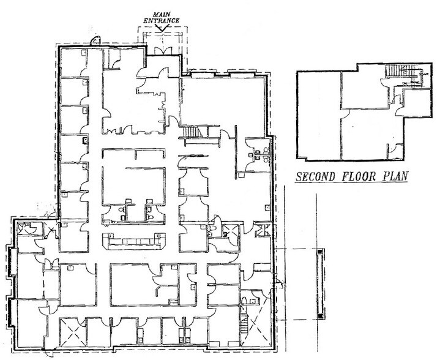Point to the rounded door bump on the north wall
95,40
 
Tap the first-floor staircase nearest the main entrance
193,132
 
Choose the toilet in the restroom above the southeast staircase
244,299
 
